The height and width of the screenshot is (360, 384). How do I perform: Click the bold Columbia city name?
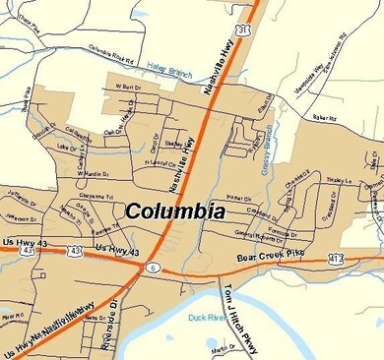pyautogui.click(x=175, y=211)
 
